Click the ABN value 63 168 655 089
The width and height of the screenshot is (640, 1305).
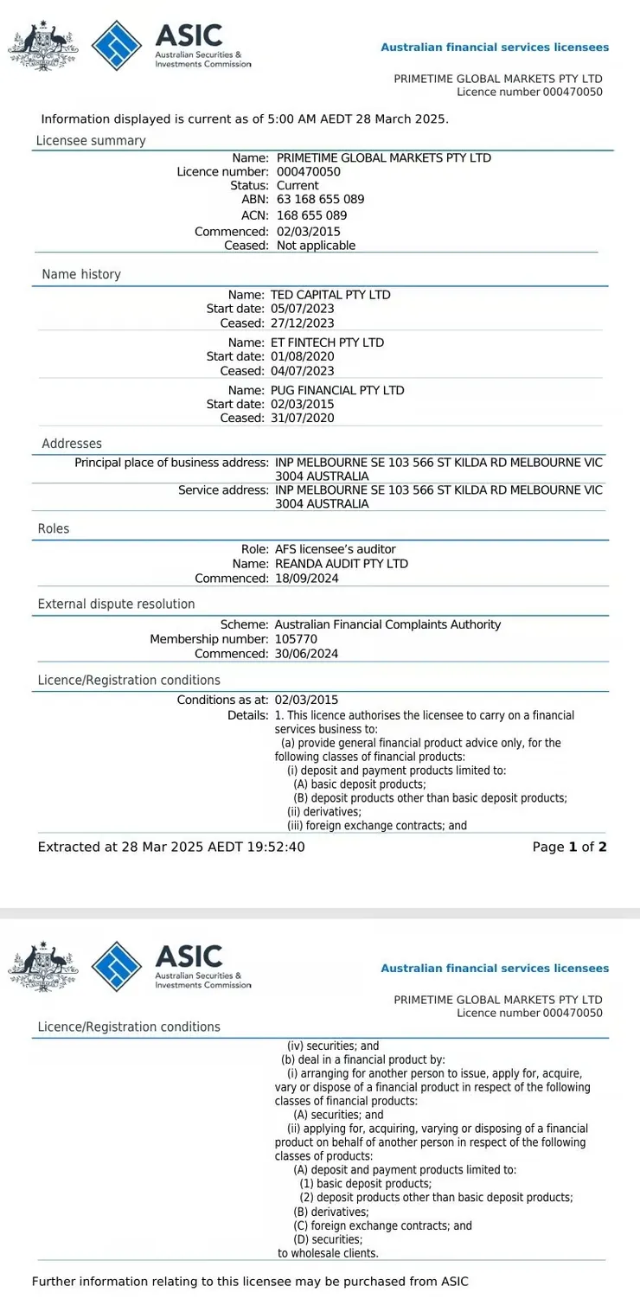(x=320, y=200)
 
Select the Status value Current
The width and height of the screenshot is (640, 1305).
(x=298, y=186)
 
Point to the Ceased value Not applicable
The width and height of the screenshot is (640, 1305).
(x=316, y=246)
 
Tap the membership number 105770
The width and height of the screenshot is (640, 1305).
(x=294, y=639)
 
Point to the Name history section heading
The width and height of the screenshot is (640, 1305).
(x=81, y=274)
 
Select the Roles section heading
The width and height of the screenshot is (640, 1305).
(x=54, y=528)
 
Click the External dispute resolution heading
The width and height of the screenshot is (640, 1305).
(x=116, y=604)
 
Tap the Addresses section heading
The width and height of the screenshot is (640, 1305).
(x=72, y=444)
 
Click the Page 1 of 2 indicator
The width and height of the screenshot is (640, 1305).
(x=569, y=848)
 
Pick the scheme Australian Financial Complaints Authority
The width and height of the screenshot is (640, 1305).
(x=387, y=624)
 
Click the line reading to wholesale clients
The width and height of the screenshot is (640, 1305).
(x=328, y=1253)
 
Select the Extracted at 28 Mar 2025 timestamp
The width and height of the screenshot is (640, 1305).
(x=171, y=848)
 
